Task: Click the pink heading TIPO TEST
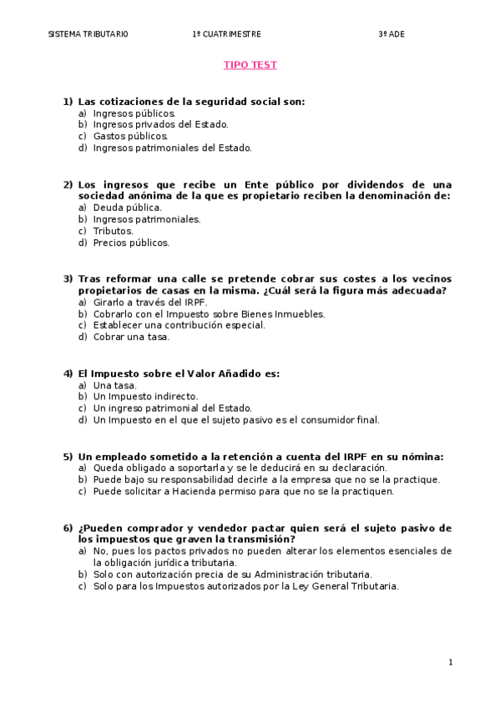coord(250,65)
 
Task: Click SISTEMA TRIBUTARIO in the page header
coord(88,34)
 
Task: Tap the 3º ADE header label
coord(391,34)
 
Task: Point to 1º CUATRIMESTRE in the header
coord(227,34)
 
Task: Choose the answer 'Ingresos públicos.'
coord(134,113)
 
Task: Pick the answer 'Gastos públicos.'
coord(130,137)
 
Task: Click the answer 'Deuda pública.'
coord(127,208)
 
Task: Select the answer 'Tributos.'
coord(113,231)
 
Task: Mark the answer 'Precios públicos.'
coord(131,243)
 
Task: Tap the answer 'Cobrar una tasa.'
coord(131,337)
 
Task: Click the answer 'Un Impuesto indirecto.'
coord(145,397)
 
